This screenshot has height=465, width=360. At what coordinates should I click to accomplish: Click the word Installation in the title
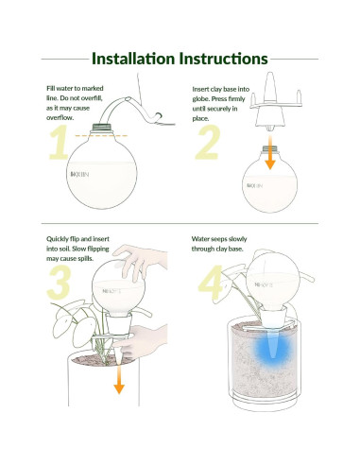point(133,59)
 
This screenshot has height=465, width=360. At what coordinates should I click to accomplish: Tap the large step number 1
point(60,142)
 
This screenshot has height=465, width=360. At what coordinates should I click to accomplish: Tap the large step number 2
point(208,142)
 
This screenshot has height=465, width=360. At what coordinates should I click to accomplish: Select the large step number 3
point(59,283)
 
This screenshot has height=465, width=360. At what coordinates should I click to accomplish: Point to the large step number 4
point(211,283)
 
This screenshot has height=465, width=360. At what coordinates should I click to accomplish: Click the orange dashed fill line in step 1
point(101,135)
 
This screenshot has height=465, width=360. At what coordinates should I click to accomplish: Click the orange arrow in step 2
point(270,153)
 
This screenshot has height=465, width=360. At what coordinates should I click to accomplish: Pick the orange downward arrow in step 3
point(119,379)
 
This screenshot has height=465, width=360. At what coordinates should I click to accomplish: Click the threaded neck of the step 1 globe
point(102,128)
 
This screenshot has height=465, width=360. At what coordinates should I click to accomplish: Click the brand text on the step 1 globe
point(79,174)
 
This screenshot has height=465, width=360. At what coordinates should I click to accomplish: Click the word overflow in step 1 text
point(60,118)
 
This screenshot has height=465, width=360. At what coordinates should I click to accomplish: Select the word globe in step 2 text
point(200,99)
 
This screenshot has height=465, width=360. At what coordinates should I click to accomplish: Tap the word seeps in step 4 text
point(219,239)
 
